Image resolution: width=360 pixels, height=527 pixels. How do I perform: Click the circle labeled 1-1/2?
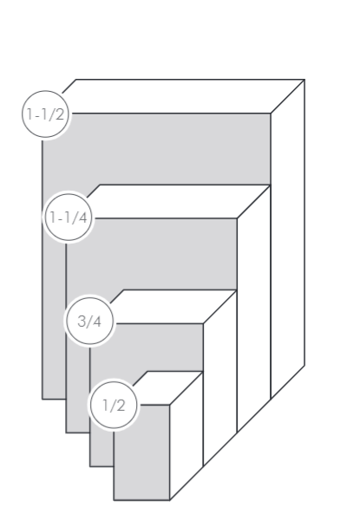(45, 114)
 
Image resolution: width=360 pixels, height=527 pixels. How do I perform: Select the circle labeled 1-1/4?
(69, 217)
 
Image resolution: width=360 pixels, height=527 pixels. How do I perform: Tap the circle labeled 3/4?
(89, 321)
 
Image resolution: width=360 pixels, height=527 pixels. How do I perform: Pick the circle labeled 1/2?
(114, 405)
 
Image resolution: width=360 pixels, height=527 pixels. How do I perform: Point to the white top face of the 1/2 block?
(168, 388)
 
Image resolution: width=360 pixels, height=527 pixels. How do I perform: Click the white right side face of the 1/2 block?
(186, 436)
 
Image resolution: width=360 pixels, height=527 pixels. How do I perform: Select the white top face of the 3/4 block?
(175, 307)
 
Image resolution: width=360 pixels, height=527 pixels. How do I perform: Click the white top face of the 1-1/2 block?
(188, 96)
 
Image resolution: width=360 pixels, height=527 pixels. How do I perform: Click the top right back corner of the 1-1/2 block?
(304, 80)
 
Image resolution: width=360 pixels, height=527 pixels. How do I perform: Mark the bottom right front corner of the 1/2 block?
(169, 500)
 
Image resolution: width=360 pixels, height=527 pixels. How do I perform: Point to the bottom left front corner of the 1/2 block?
(114, 500)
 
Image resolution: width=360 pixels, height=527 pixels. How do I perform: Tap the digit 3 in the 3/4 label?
(82, 321)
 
